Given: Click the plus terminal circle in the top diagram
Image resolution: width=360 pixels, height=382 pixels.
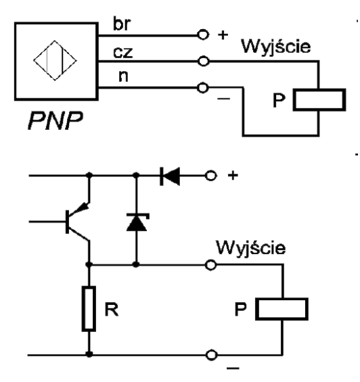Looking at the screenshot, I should click(x=201, y=34).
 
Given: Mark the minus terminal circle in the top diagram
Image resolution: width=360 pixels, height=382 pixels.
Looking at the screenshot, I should click(x=201, y=88).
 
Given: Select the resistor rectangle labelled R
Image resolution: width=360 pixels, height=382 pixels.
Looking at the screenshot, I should click(x=89, y=308).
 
